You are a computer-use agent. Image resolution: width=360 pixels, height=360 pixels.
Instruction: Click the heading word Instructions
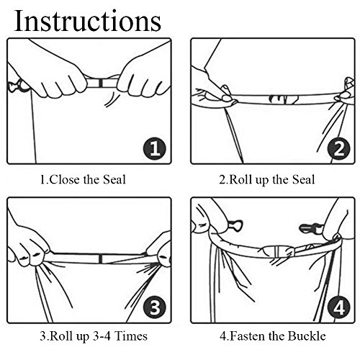(88, 21)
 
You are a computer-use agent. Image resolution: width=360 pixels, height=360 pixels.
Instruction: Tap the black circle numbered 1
(155, 149)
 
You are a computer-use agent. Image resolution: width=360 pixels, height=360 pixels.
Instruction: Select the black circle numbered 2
(339, 149)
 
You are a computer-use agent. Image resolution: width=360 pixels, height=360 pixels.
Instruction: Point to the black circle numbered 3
(155, 307)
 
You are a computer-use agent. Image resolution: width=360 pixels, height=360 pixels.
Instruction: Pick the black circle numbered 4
(339, 307)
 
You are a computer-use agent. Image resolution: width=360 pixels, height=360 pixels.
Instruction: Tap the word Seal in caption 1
(114, 179)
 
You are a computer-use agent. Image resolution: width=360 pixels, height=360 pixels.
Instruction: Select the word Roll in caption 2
(240, 179)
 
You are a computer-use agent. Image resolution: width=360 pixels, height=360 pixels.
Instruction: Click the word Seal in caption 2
(303, 179)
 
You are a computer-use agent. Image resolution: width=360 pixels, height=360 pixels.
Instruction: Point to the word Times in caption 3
(131, 336)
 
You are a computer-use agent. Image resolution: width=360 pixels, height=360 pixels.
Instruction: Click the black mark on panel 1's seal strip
(101, 83)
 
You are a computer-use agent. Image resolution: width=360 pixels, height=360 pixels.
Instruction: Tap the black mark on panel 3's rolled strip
(101, 258)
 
